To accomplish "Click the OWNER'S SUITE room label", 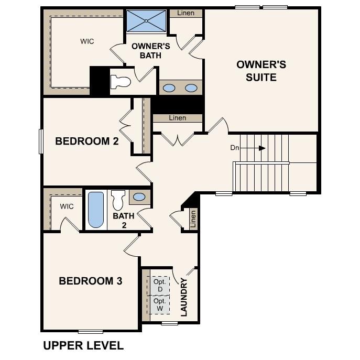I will coord(261,71).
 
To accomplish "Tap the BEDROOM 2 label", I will coord(87,141).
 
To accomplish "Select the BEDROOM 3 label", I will coord(91,281).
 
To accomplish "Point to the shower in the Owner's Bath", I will coord(146,21).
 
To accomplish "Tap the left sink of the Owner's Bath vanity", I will coord(169,88).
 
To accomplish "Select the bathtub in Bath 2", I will coord(95,210).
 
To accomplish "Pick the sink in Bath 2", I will coord(139,197).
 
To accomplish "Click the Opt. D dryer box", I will coord(159,286).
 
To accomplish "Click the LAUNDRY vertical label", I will coord(184,297).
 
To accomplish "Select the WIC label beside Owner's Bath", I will coord(87,41).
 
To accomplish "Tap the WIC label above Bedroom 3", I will coord(67,206).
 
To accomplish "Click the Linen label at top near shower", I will coord(186,13).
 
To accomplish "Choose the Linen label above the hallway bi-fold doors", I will coord(178,118).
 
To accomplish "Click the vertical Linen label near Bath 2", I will coord(193,219).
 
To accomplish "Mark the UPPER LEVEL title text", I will coord(83,346).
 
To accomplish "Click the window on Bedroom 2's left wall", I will coord(41,141).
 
